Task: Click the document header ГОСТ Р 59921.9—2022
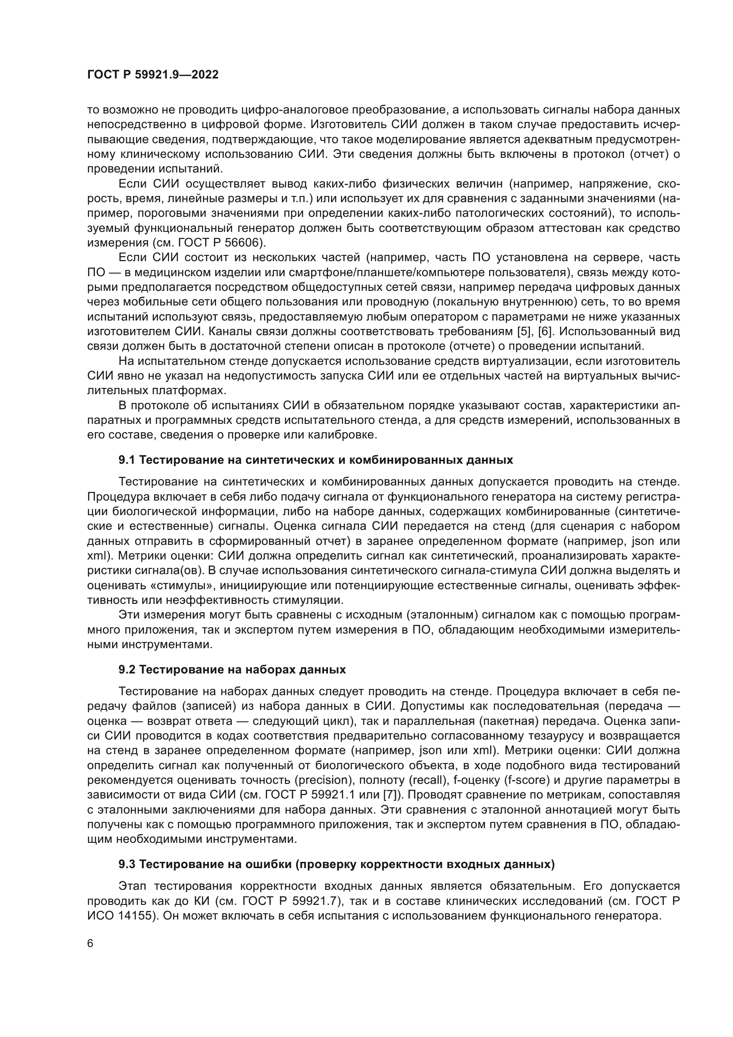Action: coord(152,74)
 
